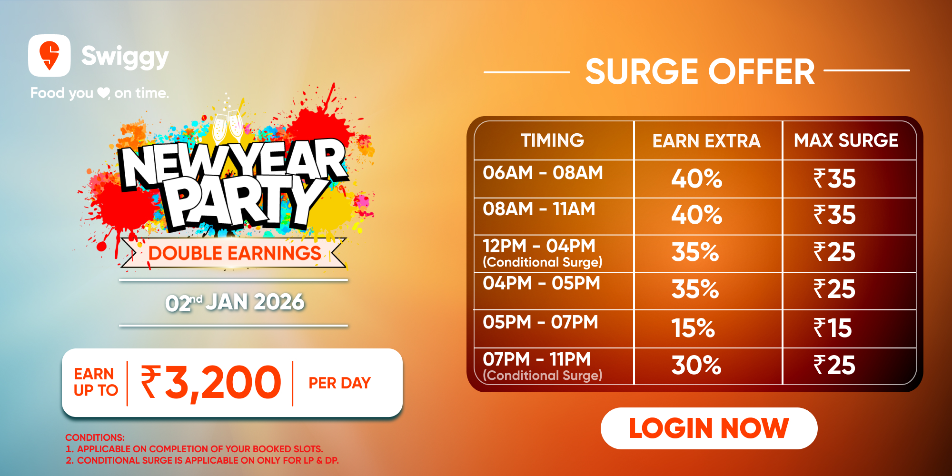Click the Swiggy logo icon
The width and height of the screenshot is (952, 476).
(x=50, y=56)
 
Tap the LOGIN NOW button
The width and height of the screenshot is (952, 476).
(x=709, y=428)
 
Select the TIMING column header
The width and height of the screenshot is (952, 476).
(x=552, y=140)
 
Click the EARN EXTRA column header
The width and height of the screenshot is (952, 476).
(x=706, y=141)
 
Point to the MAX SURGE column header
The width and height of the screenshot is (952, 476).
(x=846, y=140)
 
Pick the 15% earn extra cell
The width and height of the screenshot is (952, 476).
(x=693, y=328)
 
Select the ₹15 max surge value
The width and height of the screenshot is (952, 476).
(x=833, y=328)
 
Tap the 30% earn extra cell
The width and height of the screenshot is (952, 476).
(x=696, y=365)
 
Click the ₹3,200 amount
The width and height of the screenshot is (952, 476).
(x=211, y=382)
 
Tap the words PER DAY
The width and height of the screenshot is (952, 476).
(x=339, y=383)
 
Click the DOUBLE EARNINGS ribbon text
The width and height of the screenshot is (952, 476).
(x=235, y=253)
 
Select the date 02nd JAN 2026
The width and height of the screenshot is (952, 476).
(x=235, y=302)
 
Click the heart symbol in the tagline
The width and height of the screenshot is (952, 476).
(x=103, y=92)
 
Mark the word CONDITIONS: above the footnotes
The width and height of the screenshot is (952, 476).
(x=95, y=437)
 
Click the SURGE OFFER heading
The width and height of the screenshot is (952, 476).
(x=700, y=71)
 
